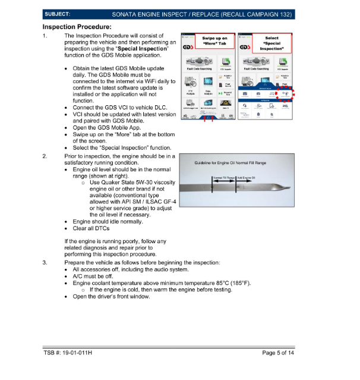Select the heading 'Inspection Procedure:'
coord(77,27)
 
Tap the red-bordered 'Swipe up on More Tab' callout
coord(214,42)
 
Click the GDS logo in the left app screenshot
coord(190,45)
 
